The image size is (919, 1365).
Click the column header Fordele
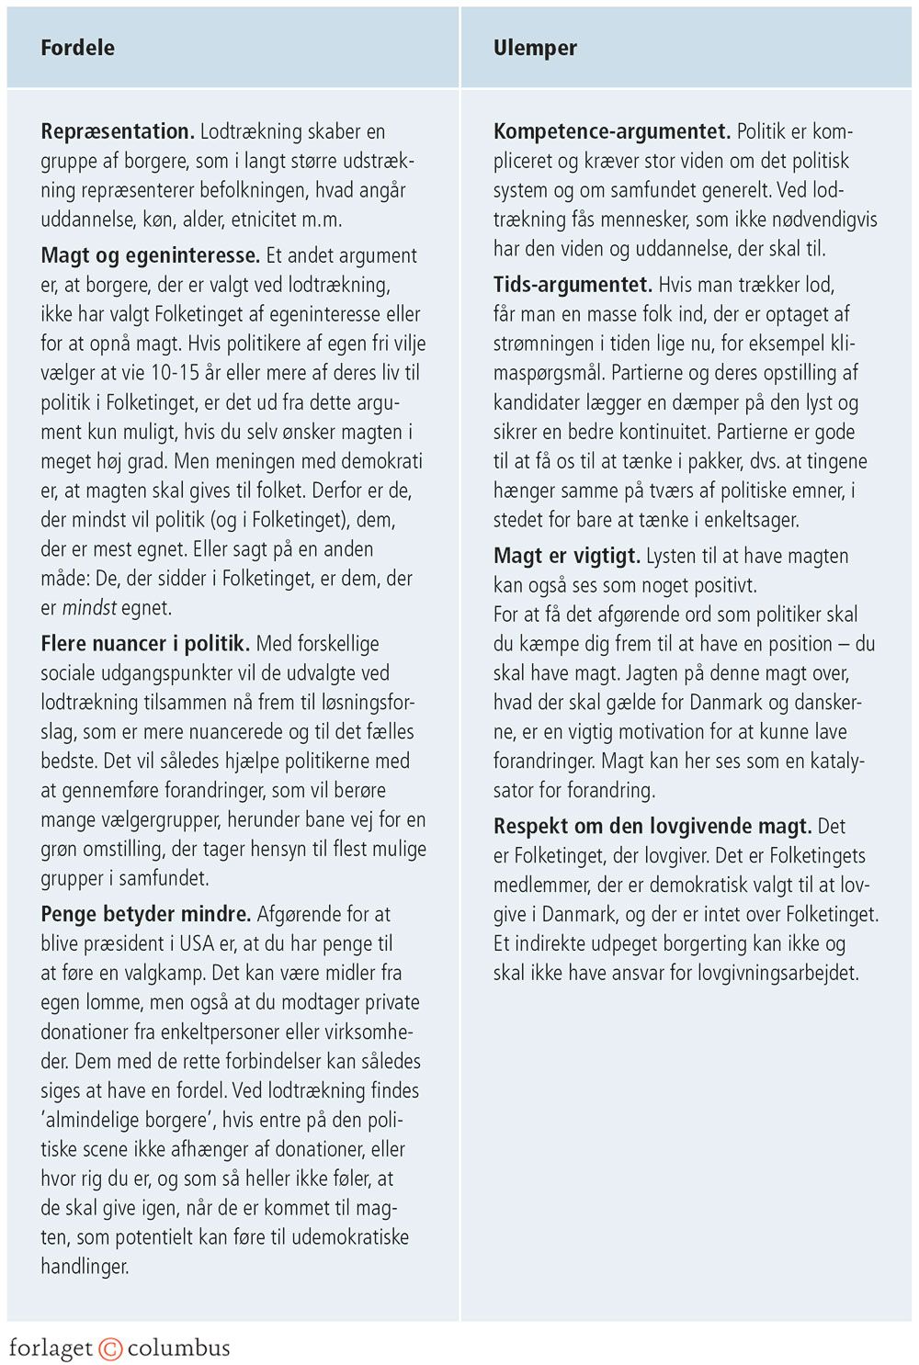point(77,48)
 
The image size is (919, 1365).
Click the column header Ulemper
point(535,48)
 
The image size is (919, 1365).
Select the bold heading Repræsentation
point(117,131)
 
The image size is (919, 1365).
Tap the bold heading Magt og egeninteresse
point(151,255)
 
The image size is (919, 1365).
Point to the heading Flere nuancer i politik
point(145,644)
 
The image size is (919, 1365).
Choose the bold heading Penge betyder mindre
point(145,914)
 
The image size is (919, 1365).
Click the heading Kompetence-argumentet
point(611,131)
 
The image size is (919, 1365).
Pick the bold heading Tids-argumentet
point(573,285)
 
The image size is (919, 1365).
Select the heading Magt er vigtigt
point(566,556)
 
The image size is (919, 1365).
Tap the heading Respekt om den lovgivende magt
point(652,826)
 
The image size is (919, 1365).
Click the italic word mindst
point(89,608)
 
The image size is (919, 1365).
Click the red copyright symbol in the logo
point(110,1348)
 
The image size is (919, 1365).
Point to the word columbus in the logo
point(179,1348)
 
